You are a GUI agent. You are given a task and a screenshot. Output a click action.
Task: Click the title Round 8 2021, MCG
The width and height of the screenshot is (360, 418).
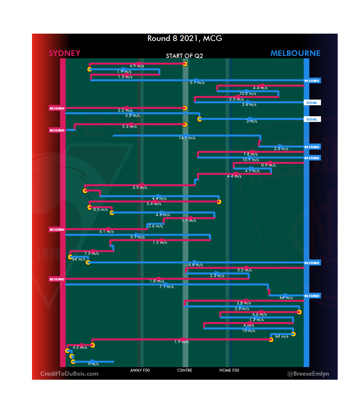[185, 39]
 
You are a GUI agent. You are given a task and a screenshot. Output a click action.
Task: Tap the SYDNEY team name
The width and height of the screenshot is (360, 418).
[64, 53]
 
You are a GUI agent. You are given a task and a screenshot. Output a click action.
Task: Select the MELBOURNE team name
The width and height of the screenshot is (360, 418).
[295, 53]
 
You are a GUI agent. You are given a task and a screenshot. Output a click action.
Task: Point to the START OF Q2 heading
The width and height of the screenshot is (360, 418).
[184, 56]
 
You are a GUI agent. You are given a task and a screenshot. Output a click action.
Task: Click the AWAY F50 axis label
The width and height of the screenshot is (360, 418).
[140, 370]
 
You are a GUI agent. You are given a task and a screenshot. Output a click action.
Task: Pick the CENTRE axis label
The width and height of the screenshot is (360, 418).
[185, 370]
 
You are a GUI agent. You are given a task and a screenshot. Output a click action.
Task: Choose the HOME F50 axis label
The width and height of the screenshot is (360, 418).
[229, 370]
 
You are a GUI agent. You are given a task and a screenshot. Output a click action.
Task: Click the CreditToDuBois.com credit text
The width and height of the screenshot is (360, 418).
[69, 374]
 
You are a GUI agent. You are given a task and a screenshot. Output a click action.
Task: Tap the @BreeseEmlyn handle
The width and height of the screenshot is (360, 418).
[308, 374]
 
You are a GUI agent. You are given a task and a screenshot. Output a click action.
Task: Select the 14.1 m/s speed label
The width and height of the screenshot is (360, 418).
[187, 138]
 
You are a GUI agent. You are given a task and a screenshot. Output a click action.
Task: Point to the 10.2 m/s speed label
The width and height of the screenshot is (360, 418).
[248, 94]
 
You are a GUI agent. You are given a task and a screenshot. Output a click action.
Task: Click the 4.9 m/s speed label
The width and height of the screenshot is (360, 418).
[137, 66]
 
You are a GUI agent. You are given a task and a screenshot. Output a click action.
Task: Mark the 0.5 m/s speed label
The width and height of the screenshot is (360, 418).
[100, 209]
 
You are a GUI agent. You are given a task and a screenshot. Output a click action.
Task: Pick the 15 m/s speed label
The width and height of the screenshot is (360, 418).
[249, 331]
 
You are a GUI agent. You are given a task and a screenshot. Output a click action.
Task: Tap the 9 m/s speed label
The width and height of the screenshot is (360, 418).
[93, 364]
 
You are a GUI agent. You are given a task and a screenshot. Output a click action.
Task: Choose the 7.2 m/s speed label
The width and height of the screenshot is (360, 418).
[91, 253]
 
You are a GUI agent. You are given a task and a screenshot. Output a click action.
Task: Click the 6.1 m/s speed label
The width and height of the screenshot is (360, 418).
[107, 231]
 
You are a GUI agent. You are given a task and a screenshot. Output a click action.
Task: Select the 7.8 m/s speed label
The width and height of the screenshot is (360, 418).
[250, 154]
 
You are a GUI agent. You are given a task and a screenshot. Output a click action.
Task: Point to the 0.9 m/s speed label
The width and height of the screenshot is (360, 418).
[268, 165]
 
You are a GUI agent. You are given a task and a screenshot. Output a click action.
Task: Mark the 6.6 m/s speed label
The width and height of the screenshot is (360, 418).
[259, 314]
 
